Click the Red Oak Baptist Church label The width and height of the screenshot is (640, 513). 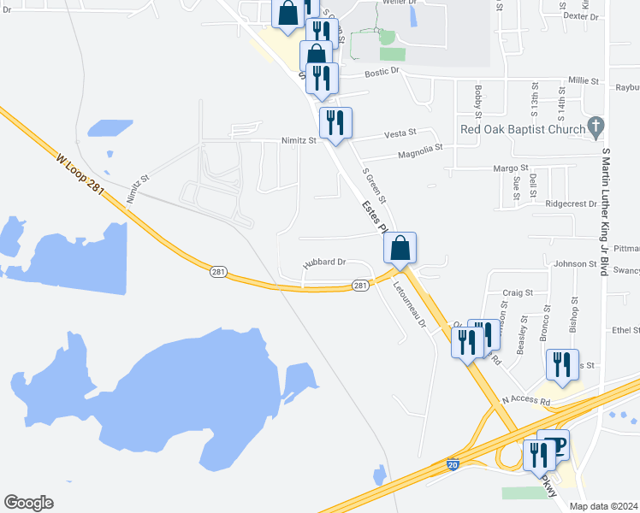click(x=521, y=129)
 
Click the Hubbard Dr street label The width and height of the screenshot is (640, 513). click(x=324, y=262)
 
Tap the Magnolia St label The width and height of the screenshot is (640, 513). click(x=419, y=151)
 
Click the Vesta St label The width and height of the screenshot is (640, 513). click(x=400, y=133)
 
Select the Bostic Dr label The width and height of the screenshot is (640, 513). click(x=382, y=73)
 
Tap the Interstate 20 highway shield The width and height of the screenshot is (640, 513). click(x=453, y=465)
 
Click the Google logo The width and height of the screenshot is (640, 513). click(x=28, y=503)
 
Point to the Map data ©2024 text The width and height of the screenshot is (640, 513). click(x=604, y=506)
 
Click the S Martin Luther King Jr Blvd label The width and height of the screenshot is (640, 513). click(x=605, y=209)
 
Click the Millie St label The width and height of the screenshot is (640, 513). click(x=584, y=80)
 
